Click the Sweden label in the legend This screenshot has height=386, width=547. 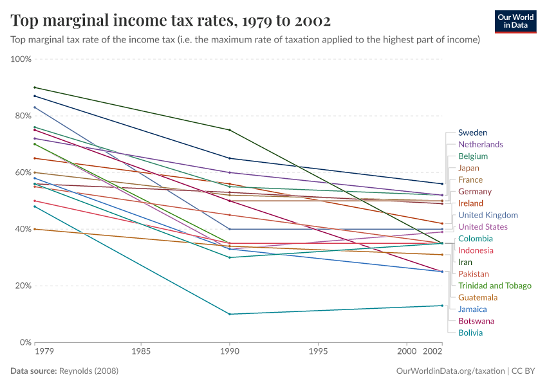pyautogui.click(x=472, y=133)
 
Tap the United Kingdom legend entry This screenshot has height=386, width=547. pyautogui.click(x=488, y=215)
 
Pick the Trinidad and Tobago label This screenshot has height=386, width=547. pyautogui.click(x=494, y=286)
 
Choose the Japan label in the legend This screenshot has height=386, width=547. pyautogui.click(x=470, y=168)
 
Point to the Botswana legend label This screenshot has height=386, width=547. pyautogui.click(x=476, y=321)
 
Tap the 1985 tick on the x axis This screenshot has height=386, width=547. pyautogui.click(x=141, y=352)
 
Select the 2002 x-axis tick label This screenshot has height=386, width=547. pyautogui.click(x=432, y=352)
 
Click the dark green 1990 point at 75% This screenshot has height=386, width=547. pyautogui.click(x=230, y=130)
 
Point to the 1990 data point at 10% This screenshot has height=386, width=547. pyautogui.click(x=230, y=314)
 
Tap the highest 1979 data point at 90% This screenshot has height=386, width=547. pyautogui.click(x=35, y=87)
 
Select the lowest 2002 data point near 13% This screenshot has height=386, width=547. pyautogui.click(x=442, y=306)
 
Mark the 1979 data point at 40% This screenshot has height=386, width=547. pyautogui.click(x=35, y=229)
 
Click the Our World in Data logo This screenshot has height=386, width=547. pyautogui.click(x=515, y=21)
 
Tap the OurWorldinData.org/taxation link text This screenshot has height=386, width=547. pyautogui.click(x=450, y=371)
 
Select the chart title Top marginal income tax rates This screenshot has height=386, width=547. pyautogui.click(x=171, y=21)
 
